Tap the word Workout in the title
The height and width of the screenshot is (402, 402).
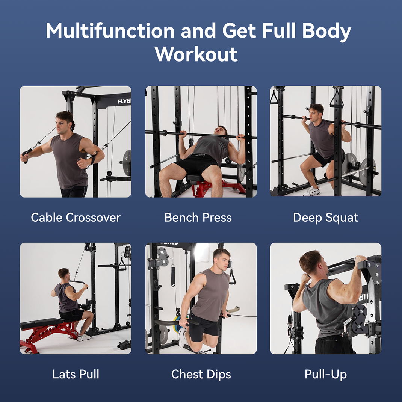tap(196, 54)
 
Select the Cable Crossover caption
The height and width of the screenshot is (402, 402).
tap(76, 218)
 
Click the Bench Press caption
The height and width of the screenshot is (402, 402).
tap(198, 218)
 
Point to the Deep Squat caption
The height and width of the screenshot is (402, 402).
tap(325, 218)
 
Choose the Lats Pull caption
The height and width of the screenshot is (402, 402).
tap(76, 374)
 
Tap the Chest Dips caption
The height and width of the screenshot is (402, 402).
tap(201, 374)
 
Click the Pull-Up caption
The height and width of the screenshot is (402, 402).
tap(325, 374)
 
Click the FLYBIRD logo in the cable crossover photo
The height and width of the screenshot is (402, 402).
tap(124, 101)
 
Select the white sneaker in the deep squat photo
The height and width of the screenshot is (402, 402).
tap(311, 192)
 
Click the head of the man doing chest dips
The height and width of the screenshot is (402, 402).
tap(222, 258)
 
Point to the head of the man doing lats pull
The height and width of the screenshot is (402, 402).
tap(63, 274)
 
